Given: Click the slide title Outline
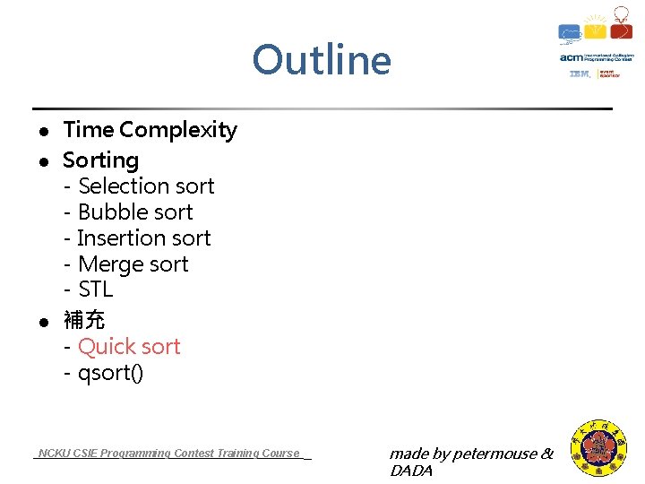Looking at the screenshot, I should (322, 61).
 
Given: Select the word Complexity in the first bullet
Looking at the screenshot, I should (178, 131).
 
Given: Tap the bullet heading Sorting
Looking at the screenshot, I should (100, 160).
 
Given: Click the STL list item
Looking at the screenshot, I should (95, 290).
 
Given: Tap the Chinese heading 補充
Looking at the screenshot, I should (83, 320).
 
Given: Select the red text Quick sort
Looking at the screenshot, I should (129, 347).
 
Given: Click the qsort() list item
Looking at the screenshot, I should (110, 373).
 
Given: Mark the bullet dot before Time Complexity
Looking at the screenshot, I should (42, 132).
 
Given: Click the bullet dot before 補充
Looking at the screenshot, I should (42, 321).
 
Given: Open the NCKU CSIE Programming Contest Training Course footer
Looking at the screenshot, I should (170, 454).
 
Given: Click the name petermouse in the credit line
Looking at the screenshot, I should (494, 454).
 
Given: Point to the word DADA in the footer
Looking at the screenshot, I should (411, 471).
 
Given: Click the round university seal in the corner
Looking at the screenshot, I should (599, 449).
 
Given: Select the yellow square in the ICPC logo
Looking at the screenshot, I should (597, 31).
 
